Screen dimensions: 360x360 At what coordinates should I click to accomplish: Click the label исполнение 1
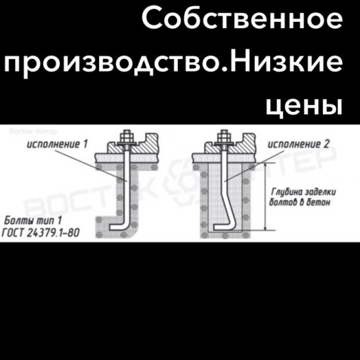pyautogui.click(x=57, y=144)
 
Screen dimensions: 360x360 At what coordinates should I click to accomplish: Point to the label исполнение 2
pyautogui.click(x=299, y=144)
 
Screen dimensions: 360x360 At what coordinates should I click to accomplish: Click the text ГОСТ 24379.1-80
pyautogui.click(x=41, y=232)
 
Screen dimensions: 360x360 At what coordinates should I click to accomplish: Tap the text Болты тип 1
pyautogui.click(x=33, y=221)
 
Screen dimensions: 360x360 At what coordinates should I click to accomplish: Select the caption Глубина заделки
pyautogui.click(x=303, y=192)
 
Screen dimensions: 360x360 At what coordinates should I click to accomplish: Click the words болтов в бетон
pyautogui.click(x=299, y=202)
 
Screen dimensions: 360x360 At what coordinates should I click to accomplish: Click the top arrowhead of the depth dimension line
pyautogui.click(x=265, y=166)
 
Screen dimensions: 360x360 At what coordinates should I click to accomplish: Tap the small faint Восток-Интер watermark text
pyautogui.click(x=33, y=131)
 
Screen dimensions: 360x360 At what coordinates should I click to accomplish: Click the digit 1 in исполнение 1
pyautogui.click(x=85, y=144)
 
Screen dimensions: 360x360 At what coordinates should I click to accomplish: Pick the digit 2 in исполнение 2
pyautogui.click(x=327, y=144)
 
